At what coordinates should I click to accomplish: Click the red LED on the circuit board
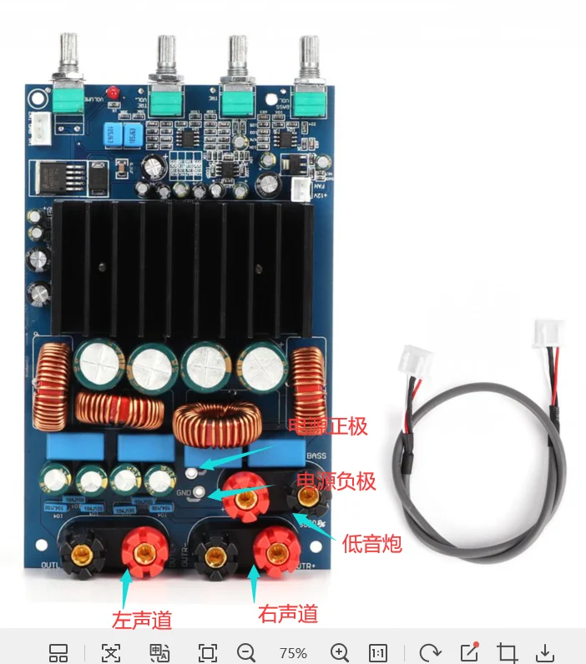click(111, 90)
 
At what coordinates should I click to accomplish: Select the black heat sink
click(183, 267)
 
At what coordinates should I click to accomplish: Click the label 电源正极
click(328, 427)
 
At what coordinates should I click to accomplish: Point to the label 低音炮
click(372, 545)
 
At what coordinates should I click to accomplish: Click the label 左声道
click(142, 620)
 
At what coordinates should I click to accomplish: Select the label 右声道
click(289, 615)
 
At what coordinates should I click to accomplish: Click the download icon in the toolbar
click(545, 652)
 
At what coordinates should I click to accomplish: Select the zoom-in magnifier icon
click(339, 652)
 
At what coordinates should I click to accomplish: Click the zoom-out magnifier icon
click(245, 652)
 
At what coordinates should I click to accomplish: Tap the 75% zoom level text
click(293, 653)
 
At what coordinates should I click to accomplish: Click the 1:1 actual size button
click(378, 652)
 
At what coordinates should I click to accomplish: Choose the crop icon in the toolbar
click(507, 652)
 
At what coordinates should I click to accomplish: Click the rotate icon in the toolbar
click(430, 652)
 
